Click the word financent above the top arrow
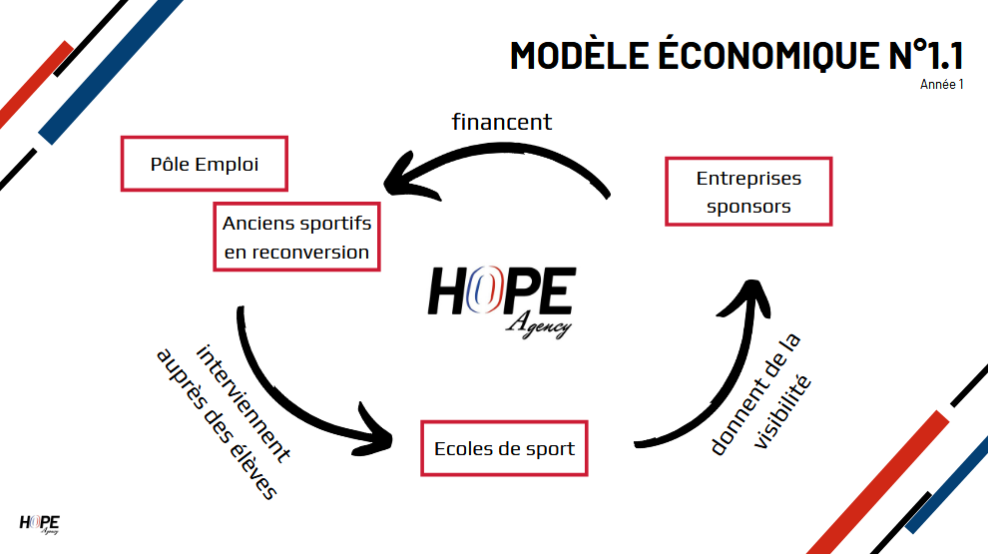(502, 122)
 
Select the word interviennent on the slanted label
(244, 403)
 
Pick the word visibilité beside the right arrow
(782, 412)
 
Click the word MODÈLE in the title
(579, 56)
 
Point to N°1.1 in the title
(926, 55)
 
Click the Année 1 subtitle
(941, 85)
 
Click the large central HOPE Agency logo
(502, 301)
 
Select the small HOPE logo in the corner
(39, 524)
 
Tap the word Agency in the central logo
(538, 325)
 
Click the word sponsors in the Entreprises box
(748, 207)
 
